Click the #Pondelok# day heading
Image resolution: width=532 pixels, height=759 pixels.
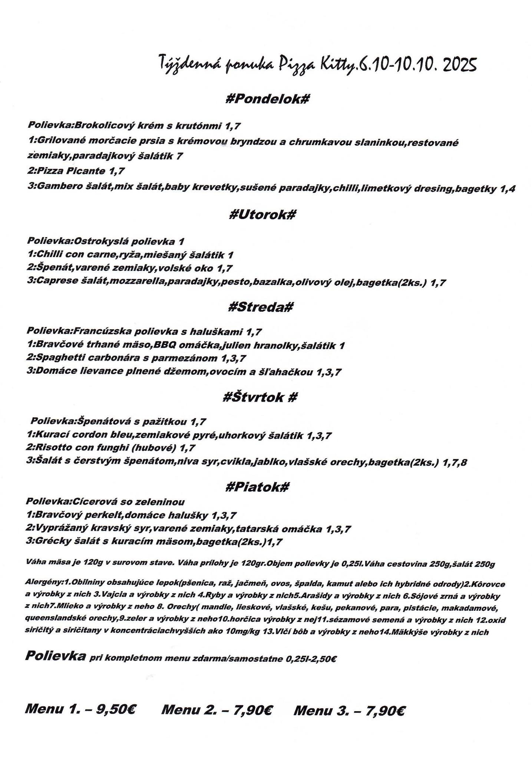pos(267,99)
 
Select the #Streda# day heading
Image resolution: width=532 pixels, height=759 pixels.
pos(261,307)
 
